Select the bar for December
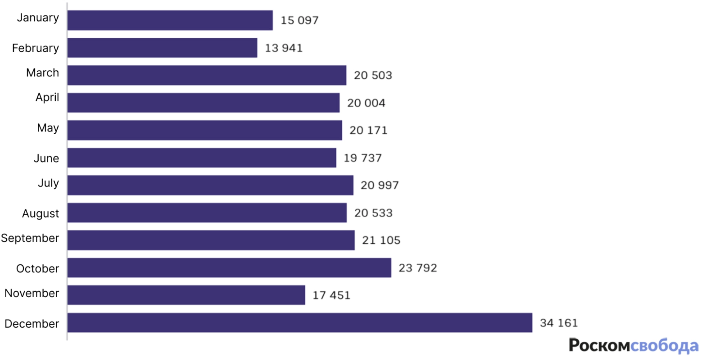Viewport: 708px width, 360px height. click(299, 323)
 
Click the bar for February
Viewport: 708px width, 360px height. click(162, 48)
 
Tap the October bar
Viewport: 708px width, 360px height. click(229, 268)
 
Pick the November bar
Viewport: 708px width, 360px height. click(186, 295)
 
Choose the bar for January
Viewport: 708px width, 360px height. click(170, 20)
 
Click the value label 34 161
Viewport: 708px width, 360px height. click(559, 323)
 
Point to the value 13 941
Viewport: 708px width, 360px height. click(284, 48)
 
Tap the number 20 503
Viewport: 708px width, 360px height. click(373, 75)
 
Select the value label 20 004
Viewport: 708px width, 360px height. click(366, 103)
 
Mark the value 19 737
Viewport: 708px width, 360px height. click(363, 158)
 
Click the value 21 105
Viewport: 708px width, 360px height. click(381, 240)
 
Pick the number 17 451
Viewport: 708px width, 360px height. click(331, 295)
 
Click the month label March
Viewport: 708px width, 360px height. click(42, 73)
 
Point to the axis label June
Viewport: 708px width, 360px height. click(46, 158)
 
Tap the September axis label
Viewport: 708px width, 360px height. click(30, 238)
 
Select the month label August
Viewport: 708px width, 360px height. click(41, 214)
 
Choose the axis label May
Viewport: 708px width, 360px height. click(48, 128)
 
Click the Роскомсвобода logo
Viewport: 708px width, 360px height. click(633, 346)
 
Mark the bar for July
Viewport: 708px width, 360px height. click(210, 185)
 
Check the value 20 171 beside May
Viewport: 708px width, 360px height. click(368, 130)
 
